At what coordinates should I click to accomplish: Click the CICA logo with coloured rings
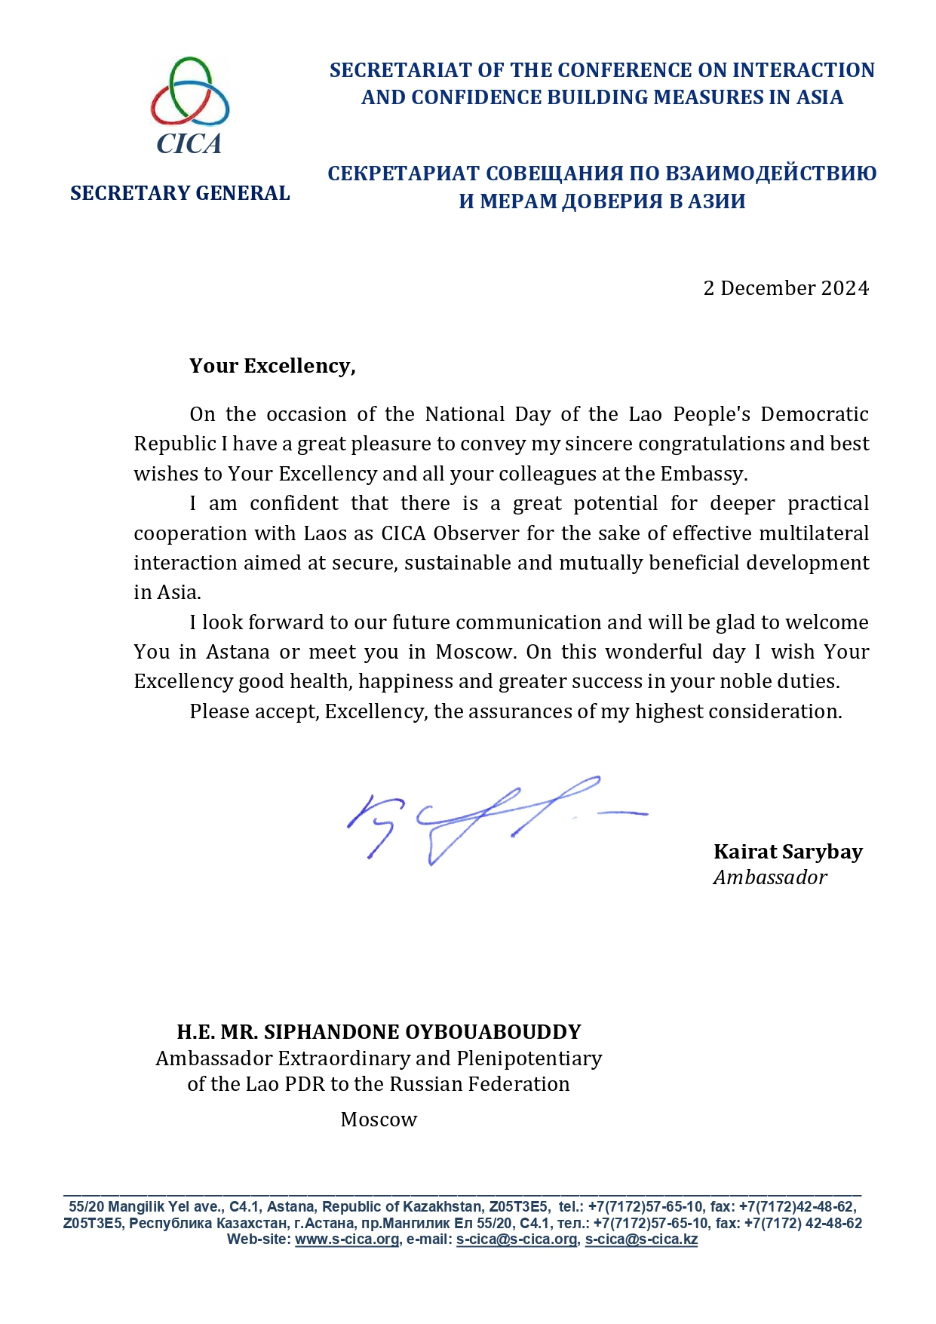(189, 104)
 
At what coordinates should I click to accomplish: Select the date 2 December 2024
(785, 288)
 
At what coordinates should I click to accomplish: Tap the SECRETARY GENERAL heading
(180, 193)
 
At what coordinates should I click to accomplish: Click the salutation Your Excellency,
(272, 366)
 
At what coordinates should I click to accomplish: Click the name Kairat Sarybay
(787, 852)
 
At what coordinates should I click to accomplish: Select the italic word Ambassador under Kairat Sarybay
(769, 877)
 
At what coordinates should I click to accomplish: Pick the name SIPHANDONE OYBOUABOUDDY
(422, 1032)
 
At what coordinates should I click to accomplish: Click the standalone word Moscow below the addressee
(379, 1120)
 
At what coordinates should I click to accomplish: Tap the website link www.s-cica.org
(346, 1240)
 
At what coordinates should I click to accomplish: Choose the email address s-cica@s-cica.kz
(641, 1240)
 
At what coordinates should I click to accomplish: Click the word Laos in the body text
(325, 533)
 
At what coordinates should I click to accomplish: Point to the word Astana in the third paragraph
(238, 652)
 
